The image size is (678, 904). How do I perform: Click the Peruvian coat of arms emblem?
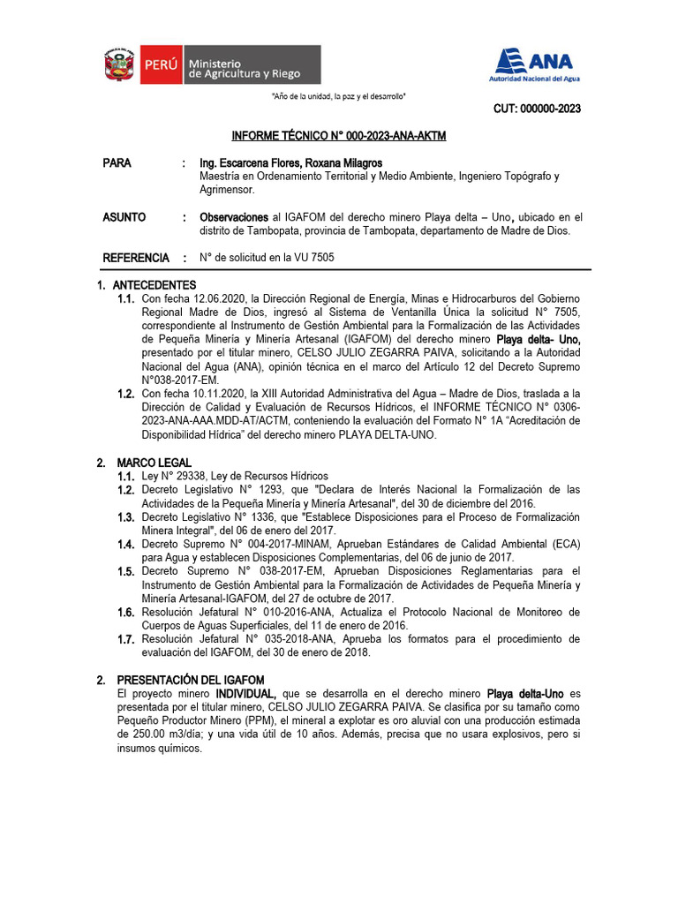point(118,64)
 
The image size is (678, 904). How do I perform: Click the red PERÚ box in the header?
point(162,64)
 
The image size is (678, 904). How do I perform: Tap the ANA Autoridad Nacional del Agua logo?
point(531,64)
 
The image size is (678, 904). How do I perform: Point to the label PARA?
point(117,163)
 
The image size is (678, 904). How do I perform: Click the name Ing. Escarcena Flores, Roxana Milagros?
point(290,163)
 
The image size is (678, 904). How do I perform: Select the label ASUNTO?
point(124,217)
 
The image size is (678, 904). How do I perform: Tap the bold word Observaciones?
point(234,217)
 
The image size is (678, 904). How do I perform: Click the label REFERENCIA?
point(135,258)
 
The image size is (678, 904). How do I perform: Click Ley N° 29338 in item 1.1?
point(177,476)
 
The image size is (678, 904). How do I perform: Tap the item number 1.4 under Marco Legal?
point(126,545)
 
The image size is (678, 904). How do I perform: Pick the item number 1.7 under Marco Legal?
point(126,638)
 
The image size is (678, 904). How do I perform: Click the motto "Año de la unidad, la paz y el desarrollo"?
point(338,96)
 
